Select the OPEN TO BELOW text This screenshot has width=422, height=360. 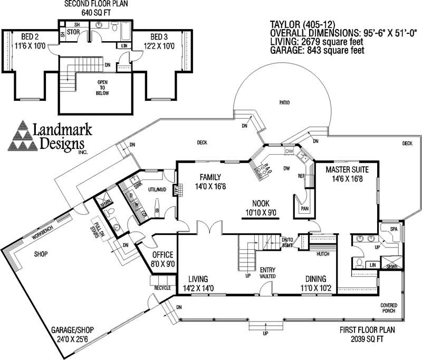[102, 89]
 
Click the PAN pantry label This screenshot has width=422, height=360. [305, 209]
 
